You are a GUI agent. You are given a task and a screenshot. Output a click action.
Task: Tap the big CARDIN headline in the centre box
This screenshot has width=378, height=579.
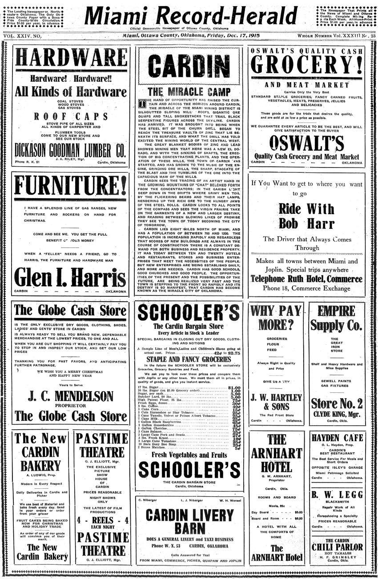pos(189,67)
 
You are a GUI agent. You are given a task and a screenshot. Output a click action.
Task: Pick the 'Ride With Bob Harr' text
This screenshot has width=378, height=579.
pos(306,216)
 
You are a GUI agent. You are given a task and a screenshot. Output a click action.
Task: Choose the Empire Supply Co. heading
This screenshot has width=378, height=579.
pos(337,318)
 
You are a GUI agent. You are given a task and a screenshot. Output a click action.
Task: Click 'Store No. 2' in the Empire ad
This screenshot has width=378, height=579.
pos(337,403)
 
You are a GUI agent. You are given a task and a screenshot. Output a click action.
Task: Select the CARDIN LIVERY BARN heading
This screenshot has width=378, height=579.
pos(189,522)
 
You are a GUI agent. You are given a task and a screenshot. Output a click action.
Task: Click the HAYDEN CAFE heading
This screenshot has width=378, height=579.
pos(337,438)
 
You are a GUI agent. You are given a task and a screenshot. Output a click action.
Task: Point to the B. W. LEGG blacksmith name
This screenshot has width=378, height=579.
pos(337,495)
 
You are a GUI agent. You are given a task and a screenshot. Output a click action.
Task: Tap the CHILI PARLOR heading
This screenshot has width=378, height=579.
pos(337,547)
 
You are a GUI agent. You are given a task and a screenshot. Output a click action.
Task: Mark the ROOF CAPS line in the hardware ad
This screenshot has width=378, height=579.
pos(71,116)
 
